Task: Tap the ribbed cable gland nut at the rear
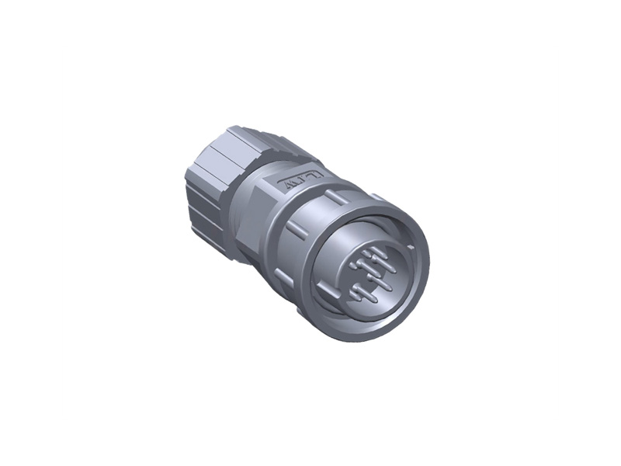pos(213,183)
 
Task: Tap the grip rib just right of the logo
pos(335,193)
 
